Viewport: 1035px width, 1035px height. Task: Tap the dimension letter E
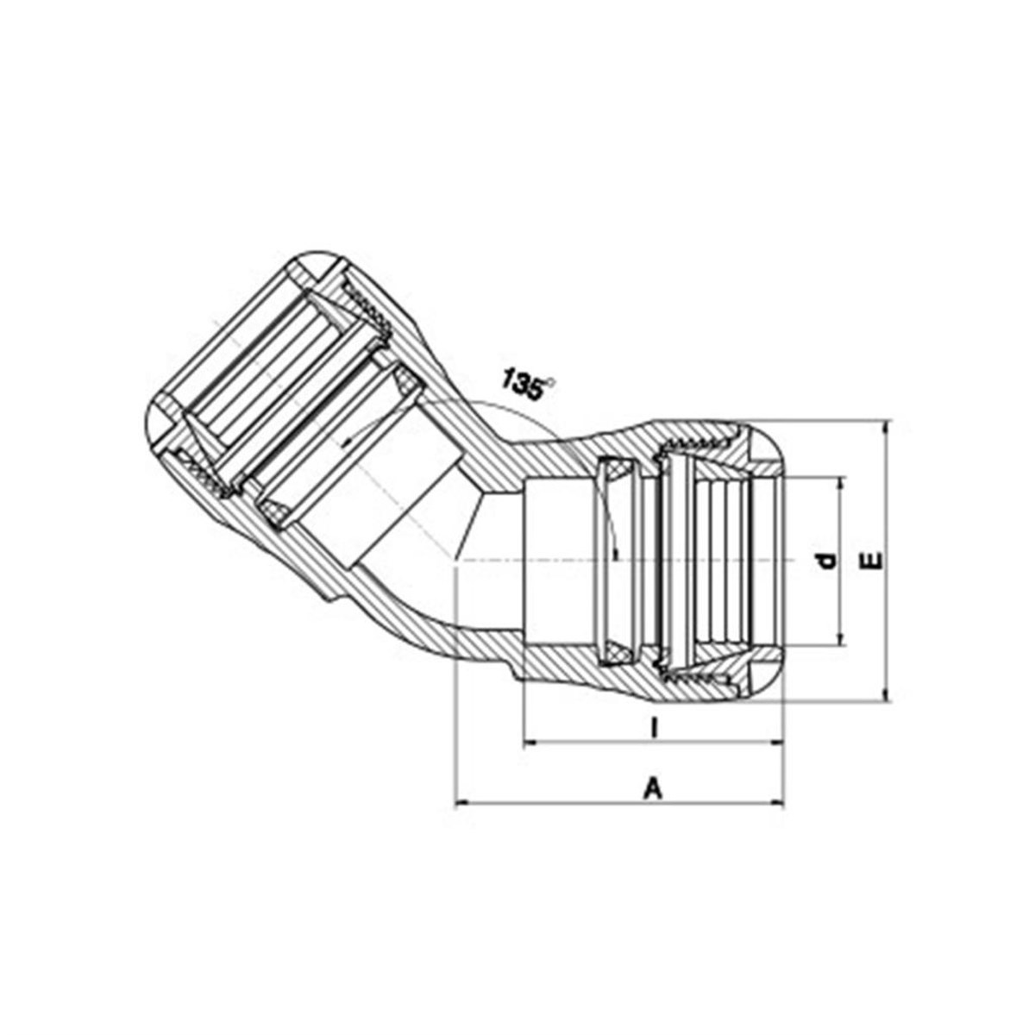pos(875,561)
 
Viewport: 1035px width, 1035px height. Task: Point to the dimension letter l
pos(653,728)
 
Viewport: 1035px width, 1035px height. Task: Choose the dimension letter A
pos(653,788)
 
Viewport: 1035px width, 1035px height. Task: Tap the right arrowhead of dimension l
pos(775,743)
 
